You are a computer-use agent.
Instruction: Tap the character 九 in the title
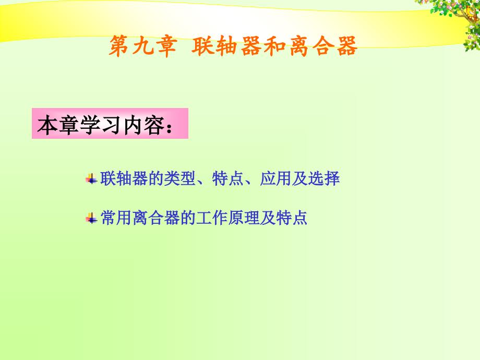coord(143,46)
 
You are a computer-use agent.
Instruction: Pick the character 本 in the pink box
coord(47,125)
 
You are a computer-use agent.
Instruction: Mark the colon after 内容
coord(169,127)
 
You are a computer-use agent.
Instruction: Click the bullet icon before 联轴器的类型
coord(91,179)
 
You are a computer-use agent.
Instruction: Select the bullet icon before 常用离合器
coord(91,219)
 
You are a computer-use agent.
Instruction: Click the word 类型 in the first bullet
coord(179,178)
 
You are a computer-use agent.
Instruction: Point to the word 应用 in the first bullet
coord(275,178)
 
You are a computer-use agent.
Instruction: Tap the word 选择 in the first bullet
coord(324,178)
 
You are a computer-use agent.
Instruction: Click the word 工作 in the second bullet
coord(212,218)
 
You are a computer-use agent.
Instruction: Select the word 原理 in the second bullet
coord(244,218)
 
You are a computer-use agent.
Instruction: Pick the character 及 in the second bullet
coord(268,218)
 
